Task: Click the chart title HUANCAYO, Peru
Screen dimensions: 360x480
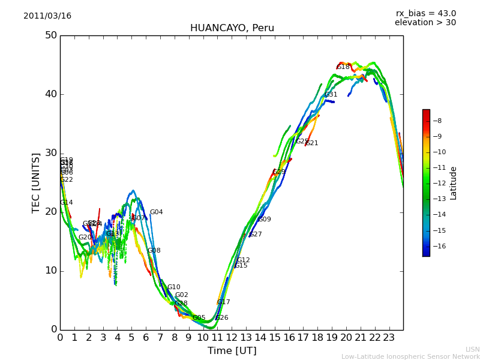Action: pos(232,28)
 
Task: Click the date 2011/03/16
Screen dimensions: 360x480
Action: pos(47,16)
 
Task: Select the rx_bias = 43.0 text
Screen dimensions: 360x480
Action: pos(425,14)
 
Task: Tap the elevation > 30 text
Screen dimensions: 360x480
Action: pos(425,23)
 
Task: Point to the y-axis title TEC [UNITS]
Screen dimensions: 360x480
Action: pos(36,182)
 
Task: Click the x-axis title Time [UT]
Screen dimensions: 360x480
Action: pos(232,351)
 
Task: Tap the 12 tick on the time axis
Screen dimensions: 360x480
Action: pos(232,338)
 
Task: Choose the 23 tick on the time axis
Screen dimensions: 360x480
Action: pos(389,338)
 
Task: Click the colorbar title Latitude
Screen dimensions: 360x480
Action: pos(454,183)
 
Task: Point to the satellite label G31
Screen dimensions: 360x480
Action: pos(331,95)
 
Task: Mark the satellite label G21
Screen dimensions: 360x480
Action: pos(311,143)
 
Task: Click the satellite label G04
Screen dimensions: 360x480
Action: pos(156,212)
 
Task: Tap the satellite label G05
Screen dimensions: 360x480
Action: pos(199,318)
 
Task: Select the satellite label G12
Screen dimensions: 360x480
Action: pos(243,260)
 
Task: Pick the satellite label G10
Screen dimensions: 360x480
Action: pos(173,287)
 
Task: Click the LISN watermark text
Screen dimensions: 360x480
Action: pos(472,349)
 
